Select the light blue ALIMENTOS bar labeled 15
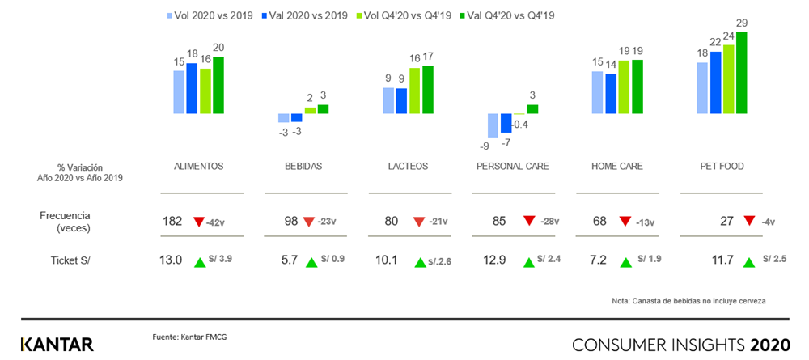tap(179, 83)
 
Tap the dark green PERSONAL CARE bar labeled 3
tap(532, 108)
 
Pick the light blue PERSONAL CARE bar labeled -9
tap(493, 125)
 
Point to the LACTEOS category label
tap(408, 167)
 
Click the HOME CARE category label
tap(616, 167)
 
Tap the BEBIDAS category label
tap(303, 167)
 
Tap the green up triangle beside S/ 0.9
tap(311, 261)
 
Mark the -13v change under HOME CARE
tap(648, 222)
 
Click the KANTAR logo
tap(57, 344)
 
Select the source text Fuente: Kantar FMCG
tap(190, 336)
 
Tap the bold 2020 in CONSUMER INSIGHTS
tap(769, 345)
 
